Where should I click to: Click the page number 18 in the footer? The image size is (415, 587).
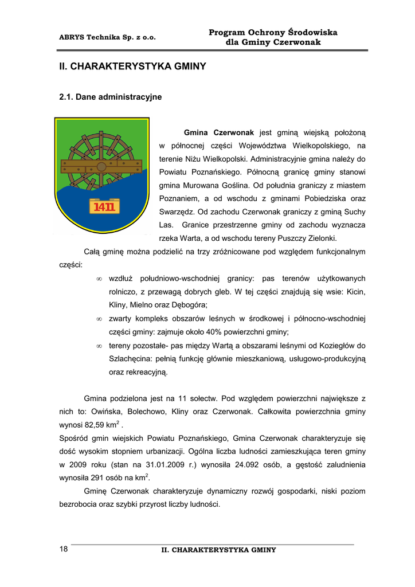coord(64,549)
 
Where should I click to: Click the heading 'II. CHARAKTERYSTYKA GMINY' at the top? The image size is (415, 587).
coord(132,66)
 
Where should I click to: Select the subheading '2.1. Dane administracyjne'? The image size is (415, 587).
coord(111,97)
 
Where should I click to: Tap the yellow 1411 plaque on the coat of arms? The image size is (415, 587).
coord(104,207)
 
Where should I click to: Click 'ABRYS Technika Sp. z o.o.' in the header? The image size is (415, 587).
coord(107,37)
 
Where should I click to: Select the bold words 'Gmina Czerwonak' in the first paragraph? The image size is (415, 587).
coord(218,132)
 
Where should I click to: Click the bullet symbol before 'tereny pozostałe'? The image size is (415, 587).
coord(99,346)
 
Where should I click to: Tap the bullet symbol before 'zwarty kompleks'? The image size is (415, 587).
coord(99,319)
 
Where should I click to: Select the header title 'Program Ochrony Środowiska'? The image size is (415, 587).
coord(273,33)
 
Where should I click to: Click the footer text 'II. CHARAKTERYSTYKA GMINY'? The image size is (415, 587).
coord(218,550)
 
